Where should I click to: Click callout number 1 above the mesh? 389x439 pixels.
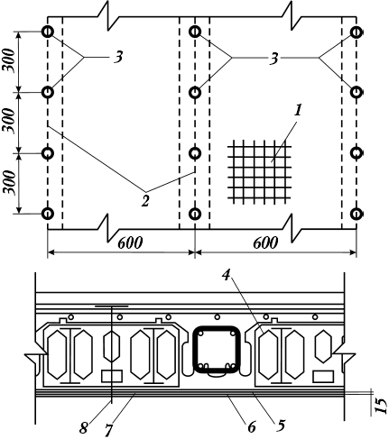[298, 110]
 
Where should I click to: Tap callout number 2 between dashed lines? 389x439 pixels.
[145, 201]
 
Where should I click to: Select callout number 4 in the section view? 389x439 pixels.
[226, 275]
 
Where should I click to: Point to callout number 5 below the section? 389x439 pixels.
[281, 425]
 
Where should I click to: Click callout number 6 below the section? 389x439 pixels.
[252, 426]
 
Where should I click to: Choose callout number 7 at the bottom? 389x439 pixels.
[108, 431]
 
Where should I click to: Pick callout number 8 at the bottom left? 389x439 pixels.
[84, 427]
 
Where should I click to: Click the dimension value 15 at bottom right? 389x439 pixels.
[381, 407]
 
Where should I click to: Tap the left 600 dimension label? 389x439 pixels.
[130, 242]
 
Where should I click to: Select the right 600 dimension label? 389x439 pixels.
[265, 242]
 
